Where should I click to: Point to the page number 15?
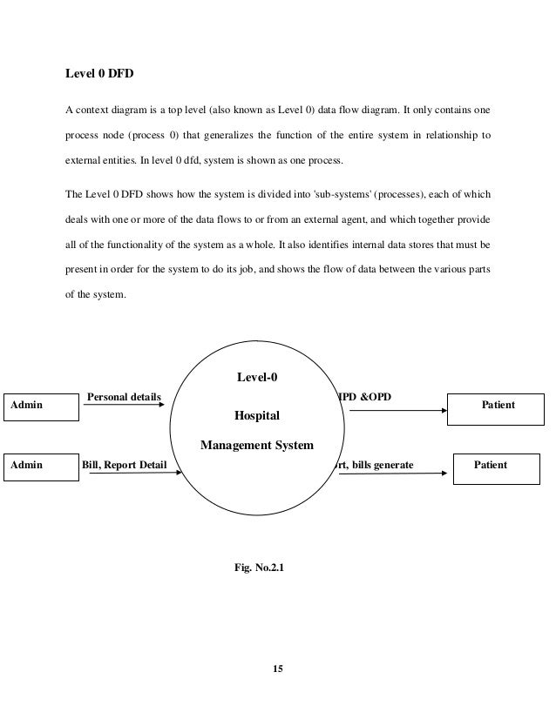278,669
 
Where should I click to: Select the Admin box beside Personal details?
38,406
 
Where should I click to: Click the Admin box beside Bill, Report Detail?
38,466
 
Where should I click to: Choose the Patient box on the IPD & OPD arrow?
497,407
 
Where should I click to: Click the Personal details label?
124,397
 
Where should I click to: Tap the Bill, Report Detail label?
124,466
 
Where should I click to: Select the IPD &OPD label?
363,397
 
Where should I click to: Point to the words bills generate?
384,466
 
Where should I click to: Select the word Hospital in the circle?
256,416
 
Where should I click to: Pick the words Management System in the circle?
256,445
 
